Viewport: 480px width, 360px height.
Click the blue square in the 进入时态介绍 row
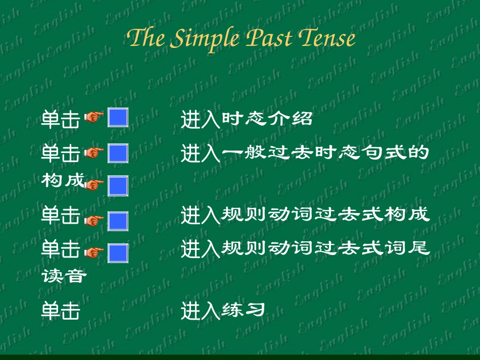[118, 118]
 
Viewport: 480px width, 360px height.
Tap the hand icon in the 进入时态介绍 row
[93, 118]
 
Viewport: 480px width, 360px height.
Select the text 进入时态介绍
[247, 120]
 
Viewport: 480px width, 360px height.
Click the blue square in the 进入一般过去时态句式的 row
[118, 153]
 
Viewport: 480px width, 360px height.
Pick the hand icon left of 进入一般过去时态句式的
[93, 152]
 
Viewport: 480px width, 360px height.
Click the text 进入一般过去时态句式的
[305, 153]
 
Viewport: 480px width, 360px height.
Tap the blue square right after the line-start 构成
[118, 185]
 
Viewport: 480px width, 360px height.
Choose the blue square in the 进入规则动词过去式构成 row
[118, 221]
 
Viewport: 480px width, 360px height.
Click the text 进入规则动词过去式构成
[305, 215]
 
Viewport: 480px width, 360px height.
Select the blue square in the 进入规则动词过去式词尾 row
[118, 253]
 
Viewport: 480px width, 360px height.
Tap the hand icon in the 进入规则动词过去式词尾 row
[93, 251]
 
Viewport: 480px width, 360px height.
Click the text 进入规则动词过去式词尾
[305, 248]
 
